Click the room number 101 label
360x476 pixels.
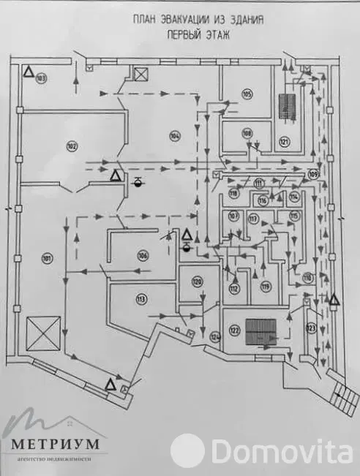[46, 257]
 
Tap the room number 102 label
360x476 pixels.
[71, 146]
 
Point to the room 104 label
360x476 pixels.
[174, 135]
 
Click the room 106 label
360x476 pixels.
[142, 254]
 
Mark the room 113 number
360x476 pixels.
[140, 298]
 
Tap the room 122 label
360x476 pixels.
[234, 331]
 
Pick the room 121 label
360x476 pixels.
[284, 140]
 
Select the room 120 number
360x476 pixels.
[197, 282]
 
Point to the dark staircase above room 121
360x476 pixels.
[288, 106]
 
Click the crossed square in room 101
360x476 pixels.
[41, 334]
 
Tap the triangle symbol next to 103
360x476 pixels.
[27, 72]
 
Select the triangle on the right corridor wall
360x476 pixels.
[334, 299]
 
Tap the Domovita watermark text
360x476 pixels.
[279, 448]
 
